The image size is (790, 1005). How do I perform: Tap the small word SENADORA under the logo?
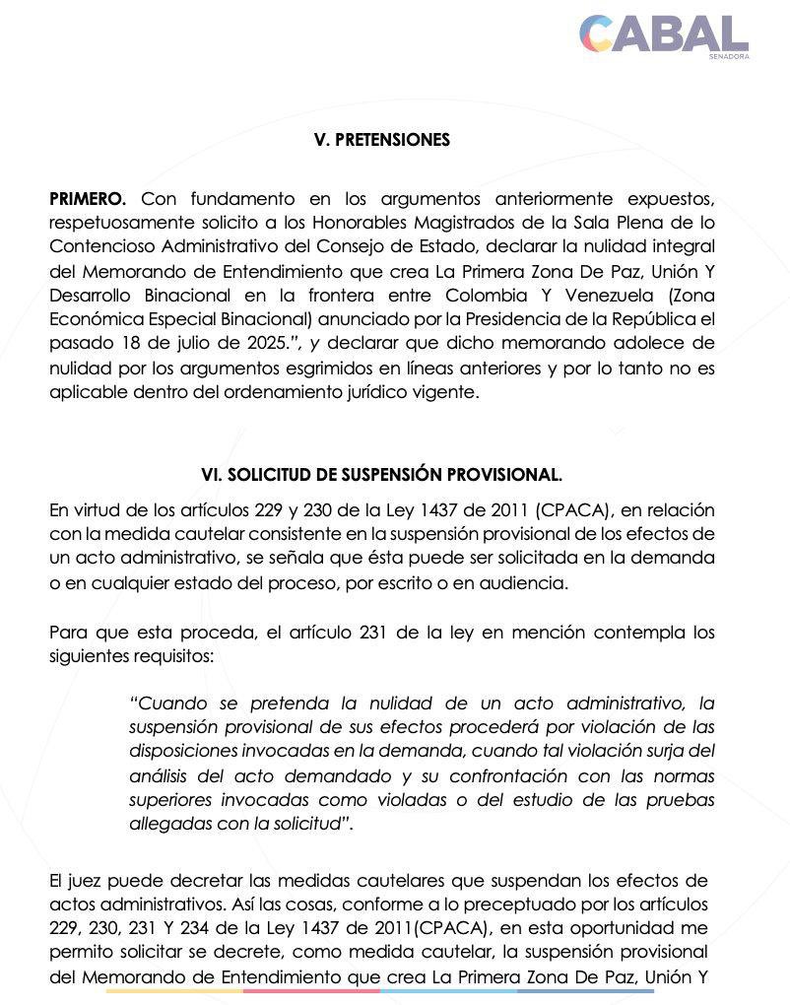[x=728, y=56]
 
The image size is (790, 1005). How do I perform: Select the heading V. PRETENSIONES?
[x=381, y=140]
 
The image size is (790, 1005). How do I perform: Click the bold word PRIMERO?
[x=88, y=200]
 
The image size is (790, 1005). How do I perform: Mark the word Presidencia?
[x=528, y=319]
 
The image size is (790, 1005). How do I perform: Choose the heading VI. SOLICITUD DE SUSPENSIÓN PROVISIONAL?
[x=381, y=474]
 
